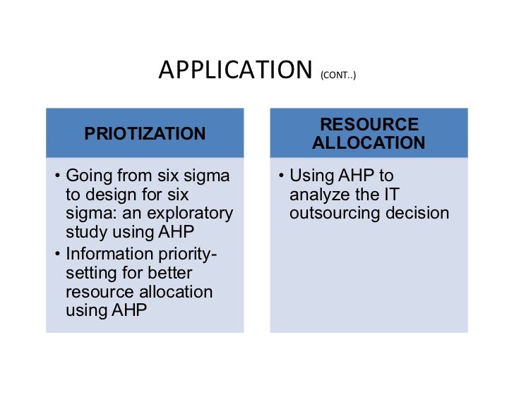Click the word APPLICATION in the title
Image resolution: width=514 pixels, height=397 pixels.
[x=235, y=70]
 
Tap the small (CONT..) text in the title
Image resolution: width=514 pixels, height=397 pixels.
[x=337, y=73]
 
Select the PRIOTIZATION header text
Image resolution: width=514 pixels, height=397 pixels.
[x=145, y=133]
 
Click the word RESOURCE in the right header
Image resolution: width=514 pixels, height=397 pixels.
[x=369, y=125]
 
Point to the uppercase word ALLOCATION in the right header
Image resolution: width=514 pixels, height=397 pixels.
[x=369, y=142]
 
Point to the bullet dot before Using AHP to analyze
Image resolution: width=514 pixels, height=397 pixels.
[x=281, y=176]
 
